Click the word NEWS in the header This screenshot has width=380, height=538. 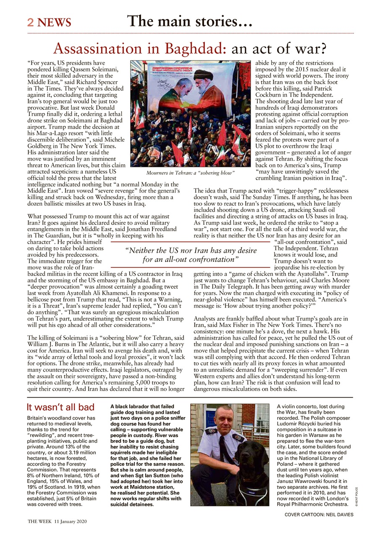click(54, 22)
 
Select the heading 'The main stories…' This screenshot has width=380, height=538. click(189, 21)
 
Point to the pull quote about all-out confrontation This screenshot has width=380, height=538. click(191, 255)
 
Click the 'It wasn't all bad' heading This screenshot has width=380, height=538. click(60, 407)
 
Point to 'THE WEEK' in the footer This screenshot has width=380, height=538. click(39, 522)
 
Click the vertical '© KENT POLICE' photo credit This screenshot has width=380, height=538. click(356, 496)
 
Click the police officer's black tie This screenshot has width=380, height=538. click(221, 449)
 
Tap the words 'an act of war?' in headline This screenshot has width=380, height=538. click(279, 49)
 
